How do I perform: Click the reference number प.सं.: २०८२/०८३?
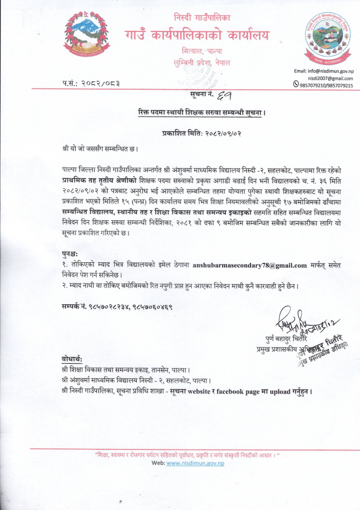[91, 84]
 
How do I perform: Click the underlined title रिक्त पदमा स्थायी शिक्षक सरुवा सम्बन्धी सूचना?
[201, 113]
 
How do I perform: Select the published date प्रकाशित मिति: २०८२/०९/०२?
[201, 134]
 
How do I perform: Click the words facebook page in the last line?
[234, 391]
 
